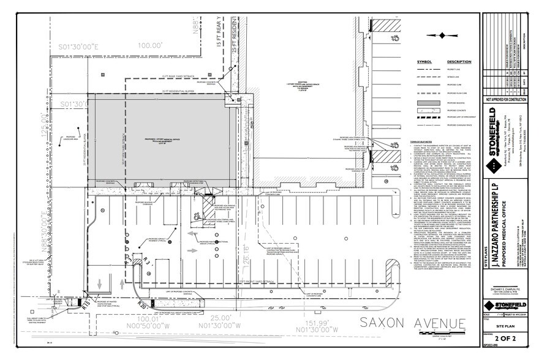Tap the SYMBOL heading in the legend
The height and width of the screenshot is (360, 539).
pos(425,62)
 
